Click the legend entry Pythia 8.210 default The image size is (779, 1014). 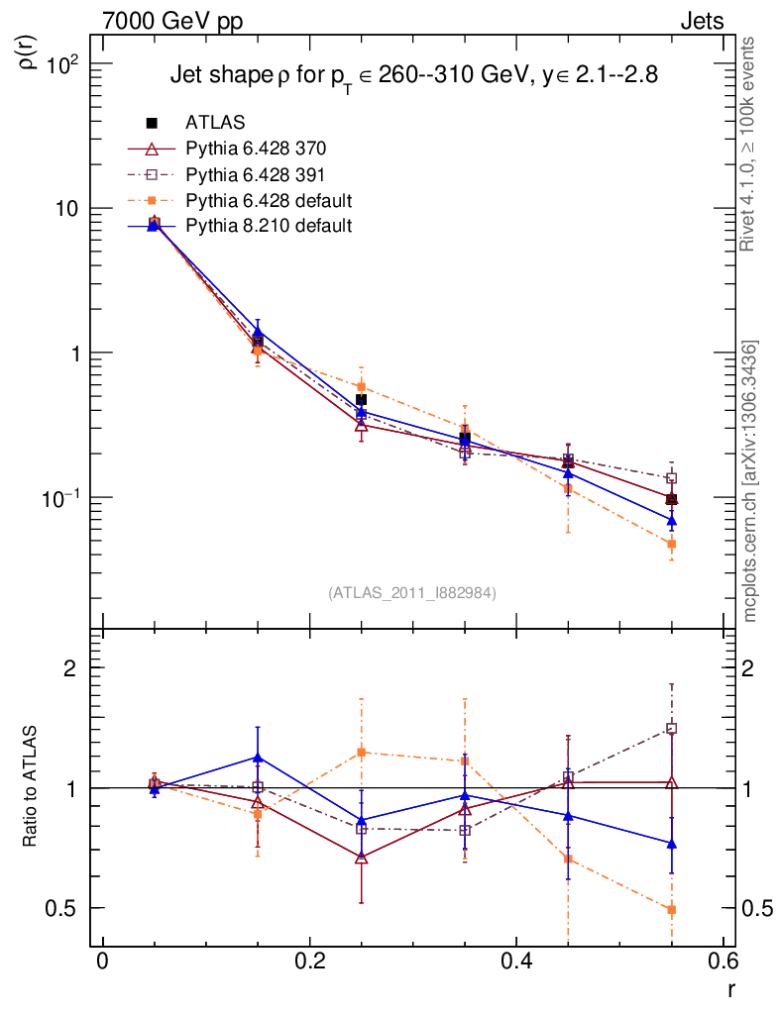pos(268,225)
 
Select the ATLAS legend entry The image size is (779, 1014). pos(214,123)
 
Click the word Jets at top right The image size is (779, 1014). pos(701,21)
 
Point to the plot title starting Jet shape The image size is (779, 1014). pos(414,76)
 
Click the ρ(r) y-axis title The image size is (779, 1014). pos(30,52)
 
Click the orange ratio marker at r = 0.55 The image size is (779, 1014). pos(671,909)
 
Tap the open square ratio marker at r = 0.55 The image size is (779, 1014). pos(671,729)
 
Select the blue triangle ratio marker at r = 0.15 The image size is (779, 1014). pos(258,758)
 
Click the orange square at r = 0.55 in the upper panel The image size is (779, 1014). pos(671,544)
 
